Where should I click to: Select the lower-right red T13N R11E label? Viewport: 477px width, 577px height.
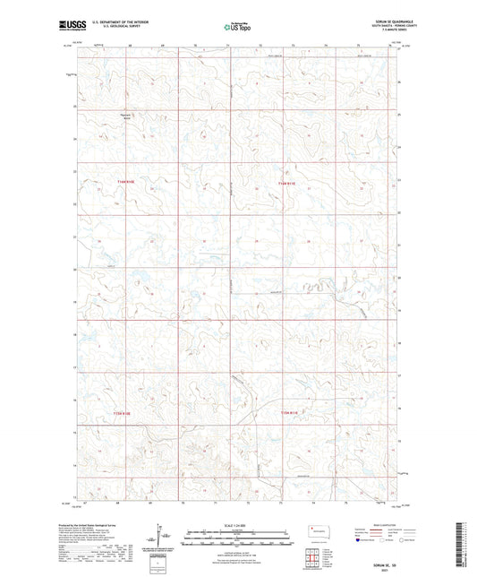point(285,413)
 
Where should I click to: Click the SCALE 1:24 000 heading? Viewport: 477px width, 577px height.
point(237,524)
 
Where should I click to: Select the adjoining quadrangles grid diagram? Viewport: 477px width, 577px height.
point(317,559)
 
